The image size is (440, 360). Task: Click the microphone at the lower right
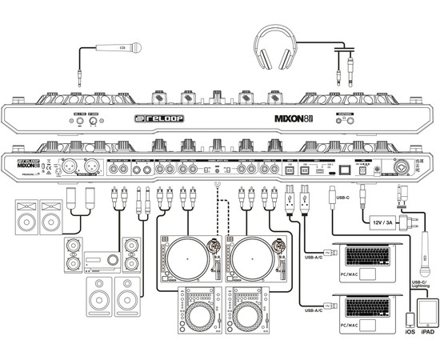(427, 256)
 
